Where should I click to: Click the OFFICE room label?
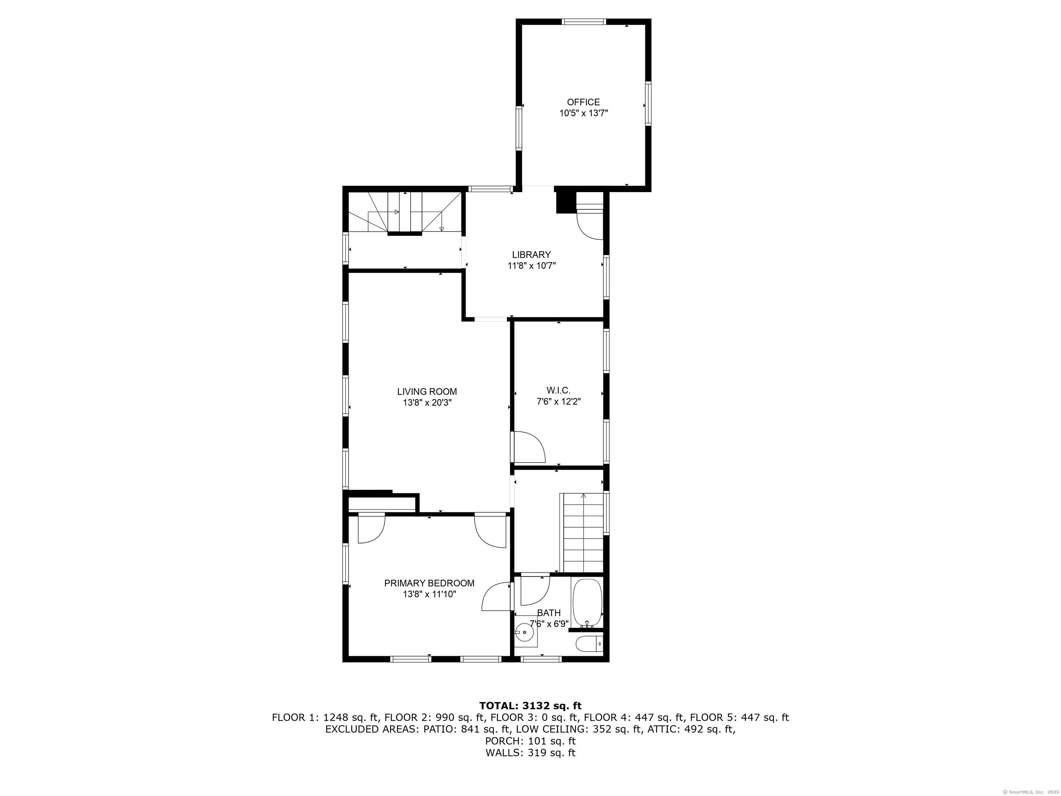point(583,102)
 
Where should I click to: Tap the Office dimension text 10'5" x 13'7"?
point(583,114)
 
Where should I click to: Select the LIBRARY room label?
point(532,255)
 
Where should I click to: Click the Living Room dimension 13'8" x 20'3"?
point(427,404)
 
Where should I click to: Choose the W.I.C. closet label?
point(558,390)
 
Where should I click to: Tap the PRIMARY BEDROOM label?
point(429,584)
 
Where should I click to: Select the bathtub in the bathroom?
point(586,603)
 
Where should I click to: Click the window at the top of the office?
point(584,21)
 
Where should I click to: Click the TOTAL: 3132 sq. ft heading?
point(530,706)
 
